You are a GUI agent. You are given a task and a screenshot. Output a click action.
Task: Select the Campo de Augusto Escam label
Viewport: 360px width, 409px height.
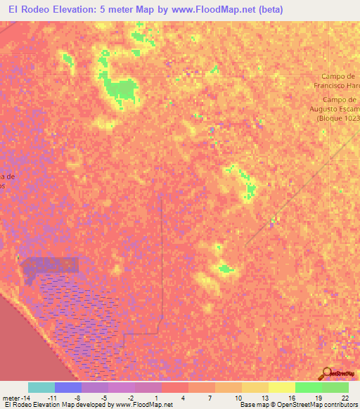(x=336, y=105)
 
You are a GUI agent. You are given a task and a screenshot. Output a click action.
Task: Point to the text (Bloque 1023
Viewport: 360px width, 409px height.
(x=338, y=118)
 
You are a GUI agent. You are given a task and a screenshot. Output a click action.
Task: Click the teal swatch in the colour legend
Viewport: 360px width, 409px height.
(x=41, y=387)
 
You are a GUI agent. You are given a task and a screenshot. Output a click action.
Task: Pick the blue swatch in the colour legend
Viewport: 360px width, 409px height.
(x=68, y=387)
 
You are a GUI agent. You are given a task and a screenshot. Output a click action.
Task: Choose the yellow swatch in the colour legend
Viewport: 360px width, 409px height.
(x=281, y=387)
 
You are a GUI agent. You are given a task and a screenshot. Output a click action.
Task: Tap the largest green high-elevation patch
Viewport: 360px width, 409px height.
(x=120, y=90)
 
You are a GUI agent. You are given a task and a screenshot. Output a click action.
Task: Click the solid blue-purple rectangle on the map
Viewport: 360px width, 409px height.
(x=51, y=266)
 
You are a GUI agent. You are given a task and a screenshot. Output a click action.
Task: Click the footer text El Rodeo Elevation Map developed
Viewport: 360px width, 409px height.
(x=56, y=405)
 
